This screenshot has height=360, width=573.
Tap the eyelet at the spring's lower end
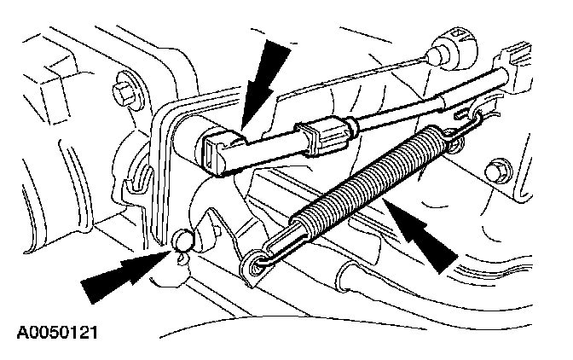click(255, 262)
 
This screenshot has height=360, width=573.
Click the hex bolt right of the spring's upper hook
click(495, 173)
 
